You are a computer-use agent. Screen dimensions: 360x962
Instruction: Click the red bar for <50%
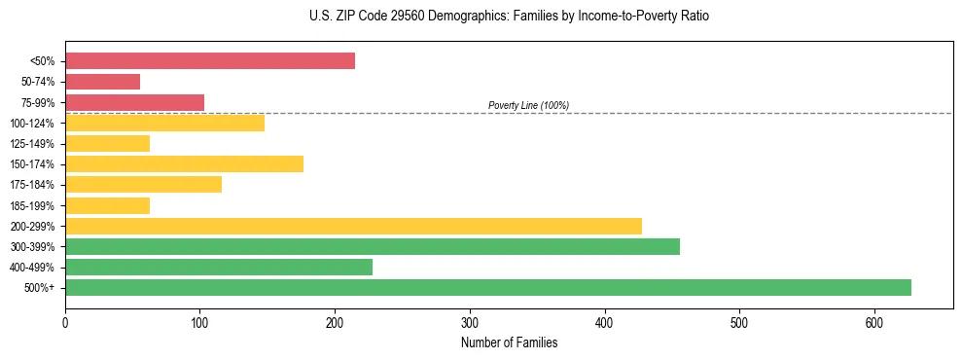(210, 61)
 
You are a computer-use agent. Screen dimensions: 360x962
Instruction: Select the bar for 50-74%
(102, 82)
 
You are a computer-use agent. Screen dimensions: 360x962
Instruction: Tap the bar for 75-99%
(134, 102)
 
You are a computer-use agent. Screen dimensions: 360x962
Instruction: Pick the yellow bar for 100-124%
(164, 123)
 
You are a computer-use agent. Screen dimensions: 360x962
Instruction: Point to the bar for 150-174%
(184, 163)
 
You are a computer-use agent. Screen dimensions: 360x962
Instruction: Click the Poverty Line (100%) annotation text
(528, 105)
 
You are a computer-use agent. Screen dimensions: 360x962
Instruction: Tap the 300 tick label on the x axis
(470, 322)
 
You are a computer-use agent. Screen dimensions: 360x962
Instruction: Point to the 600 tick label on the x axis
(874, 322)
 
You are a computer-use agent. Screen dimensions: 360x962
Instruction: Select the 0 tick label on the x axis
(65, 322)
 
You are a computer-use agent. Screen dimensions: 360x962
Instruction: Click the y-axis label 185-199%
(32, 205)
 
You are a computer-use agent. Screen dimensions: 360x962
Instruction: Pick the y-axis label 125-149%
(32, 144)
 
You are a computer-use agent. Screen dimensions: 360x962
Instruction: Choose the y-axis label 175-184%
(32, 185)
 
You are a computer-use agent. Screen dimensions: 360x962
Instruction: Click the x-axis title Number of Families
(509, 342)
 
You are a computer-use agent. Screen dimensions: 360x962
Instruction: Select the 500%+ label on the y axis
(39, 288)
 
